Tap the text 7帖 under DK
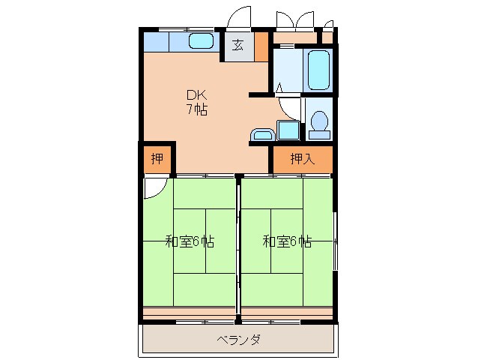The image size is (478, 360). click(197, 109)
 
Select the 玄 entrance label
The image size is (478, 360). click(238, 44)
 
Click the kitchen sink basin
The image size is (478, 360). click(201, 41)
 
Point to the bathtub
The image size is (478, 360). click(319, 70)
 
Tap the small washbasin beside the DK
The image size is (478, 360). click(262, 134)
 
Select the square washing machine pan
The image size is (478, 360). click(288, 129)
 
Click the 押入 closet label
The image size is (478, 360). click(301, 159)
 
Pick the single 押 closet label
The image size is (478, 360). click(157, 159)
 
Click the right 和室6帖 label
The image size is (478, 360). click(287, 241)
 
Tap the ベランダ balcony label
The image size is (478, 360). click(238, 340)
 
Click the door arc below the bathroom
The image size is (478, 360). click(288, 109)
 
